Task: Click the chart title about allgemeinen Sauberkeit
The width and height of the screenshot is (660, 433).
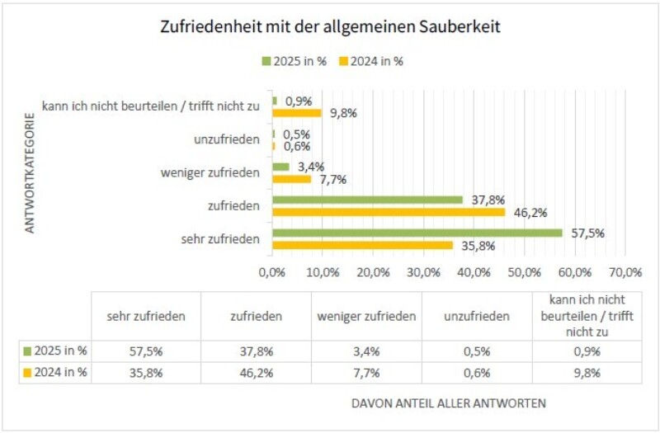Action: pyautogui.click(x=330, y=27)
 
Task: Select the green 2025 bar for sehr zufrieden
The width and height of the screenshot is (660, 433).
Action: pyautogui.click(x=417, y=233)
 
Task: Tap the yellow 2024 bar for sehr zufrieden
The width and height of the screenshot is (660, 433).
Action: pyautogui.click(x=362, y=245)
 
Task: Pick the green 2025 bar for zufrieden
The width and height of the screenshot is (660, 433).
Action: pyautogui.click(x=367, y=200)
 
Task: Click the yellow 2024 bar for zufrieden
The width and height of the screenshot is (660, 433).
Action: pyautogui.click(x=388, y=212)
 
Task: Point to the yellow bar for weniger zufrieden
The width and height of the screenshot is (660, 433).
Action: pyautogui.click(x=291, y=179)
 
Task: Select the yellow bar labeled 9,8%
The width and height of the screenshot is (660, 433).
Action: pyautogui.click(x=296, y=113)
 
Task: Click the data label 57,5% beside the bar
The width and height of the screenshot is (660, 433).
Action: pyautogui.click(x=586, y=233)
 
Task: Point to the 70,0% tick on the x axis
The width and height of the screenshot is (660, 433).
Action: pyautogui.click(x=625, y=272)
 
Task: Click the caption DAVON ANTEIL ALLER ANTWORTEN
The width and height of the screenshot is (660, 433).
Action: pyautogui.click(x=448, y=403)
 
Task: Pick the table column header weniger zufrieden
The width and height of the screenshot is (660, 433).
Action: pyautogui.click(x=366, y=316)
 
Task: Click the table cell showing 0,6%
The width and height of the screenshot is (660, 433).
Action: pyautogui.click(x=476, y=373)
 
